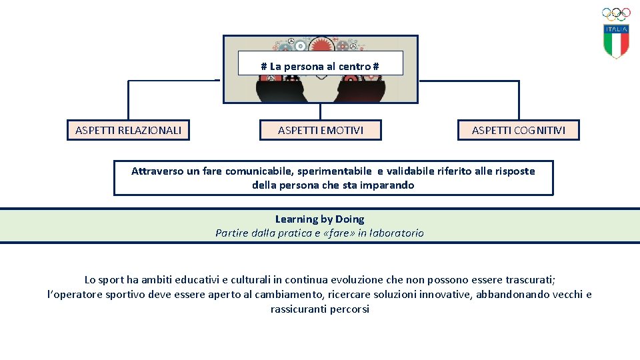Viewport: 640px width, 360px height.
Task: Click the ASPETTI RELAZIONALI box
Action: point(128,130)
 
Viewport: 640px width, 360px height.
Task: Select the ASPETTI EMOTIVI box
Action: point(321,130)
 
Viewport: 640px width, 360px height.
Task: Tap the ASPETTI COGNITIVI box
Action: point(518,130)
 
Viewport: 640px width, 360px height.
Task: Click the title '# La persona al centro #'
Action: point(320,67)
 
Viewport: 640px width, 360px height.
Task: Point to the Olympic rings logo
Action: point(616,14)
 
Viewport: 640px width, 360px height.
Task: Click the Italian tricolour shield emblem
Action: point(616,41)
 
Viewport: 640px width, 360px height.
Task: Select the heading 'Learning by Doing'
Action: point(319,219)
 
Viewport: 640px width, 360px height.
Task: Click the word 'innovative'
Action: point(442,294)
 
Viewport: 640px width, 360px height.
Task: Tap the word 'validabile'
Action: point(413,171)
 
